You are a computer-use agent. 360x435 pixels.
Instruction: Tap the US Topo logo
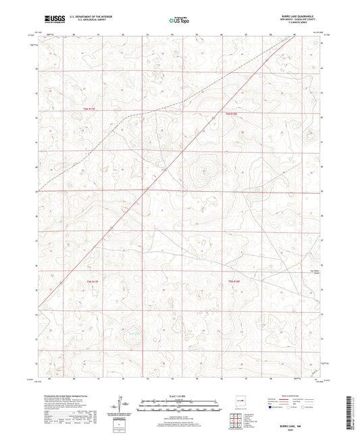pos(177,21)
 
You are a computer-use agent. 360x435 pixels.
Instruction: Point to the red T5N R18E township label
pos(232,114)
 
